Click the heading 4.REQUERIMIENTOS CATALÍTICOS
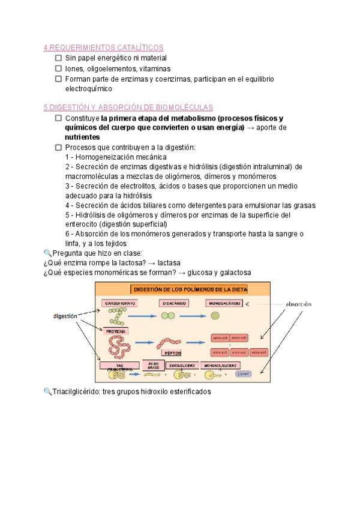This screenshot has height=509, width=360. tap(103, 47)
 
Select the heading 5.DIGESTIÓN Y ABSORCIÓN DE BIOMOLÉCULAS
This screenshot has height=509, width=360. tap(128, 107)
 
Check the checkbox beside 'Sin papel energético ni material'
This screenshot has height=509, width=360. tap(58, 58)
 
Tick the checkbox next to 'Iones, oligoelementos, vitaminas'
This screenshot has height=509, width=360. tap(58, 68)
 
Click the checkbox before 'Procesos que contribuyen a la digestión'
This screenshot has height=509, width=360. tap(58, 148)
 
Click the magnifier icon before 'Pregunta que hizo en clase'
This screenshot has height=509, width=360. tap(48, 253)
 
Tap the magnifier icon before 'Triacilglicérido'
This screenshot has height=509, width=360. tap(48, 392)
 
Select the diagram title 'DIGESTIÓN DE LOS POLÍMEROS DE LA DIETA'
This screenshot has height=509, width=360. tap(190, 289)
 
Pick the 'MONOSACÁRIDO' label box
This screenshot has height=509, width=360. tap(224, 304)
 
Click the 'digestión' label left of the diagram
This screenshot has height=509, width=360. tap(65, 315)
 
